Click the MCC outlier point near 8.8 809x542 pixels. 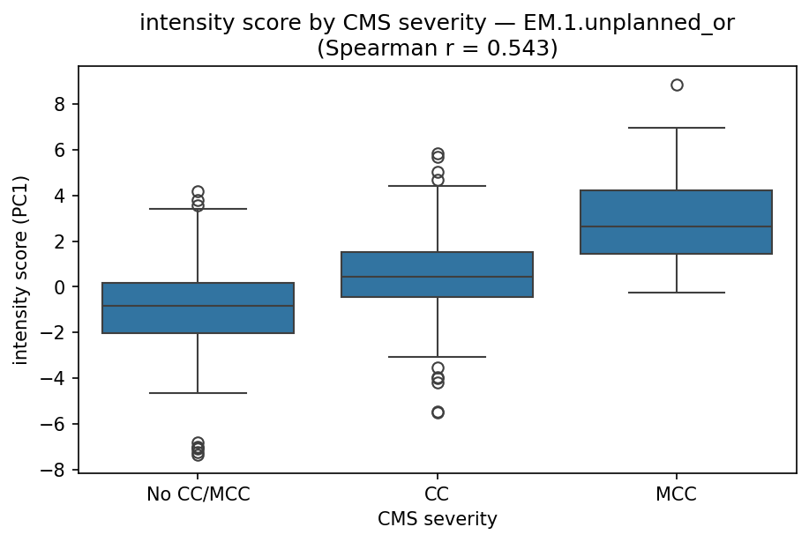point(677,85)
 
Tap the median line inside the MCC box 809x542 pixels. point(677,226)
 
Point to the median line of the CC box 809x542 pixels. point(438,277)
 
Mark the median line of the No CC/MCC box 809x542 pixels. point(199,306)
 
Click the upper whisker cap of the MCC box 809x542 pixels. point(677,128)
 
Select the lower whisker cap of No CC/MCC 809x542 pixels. point(199,393)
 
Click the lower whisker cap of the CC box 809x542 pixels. point(438,357)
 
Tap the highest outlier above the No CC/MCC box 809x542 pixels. point(199,191)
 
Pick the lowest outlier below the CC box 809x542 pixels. point(438,412)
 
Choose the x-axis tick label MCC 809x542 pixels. point(677,494)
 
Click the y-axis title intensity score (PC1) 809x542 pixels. point(21,270)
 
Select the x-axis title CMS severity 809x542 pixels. point(438,520)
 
